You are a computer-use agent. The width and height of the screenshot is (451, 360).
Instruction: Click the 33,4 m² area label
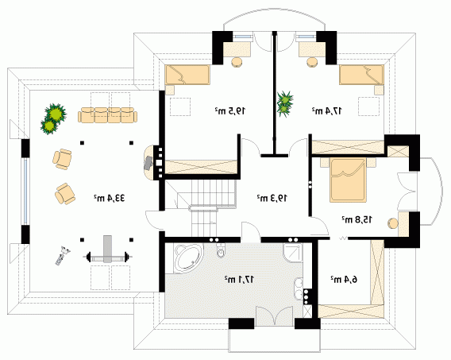[109, 198]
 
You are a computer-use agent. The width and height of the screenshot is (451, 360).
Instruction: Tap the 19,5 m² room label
[229, 110]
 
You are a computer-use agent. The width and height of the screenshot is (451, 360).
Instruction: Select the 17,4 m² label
[327, 110]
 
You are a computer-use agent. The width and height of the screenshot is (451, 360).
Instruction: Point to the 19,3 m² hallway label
[272, 198]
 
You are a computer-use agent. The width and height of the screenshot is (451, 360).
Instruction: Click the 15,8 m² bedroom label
[357, 219]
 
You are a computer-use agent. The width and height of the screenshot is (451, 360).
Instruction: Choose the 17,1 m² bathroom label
[239, 279]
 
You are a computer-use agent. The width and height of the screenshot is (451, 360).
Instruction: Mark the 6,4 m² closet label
[344, 279]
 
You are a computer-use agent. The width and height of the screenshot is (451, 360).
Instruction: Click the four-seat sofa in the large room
[107, 115]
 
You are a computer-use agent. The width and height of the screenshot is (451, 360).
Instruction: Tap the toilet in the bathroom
[221, 250]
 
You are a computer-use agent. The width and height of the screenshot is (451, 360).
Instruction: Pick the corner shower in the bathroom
[293, 253]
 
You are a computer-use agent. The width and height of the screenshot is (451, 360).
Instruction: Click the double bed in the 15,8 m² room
[349, 180]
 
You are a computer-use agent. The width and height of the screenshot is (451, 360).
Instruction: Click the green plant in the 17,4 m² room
[284, 103]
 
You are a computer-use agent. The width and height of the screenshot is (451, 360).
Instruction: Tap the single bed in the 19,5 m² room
[187, 75]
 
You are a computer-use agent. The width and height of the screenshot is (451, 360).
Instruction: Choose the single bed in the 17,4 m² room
[361, 75]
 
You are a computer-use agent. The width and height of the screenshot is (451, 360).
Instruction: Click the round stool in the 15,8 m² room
[393, 224]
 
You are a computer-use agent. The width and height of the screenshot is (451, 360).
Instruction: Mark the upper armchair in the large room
[62, 159]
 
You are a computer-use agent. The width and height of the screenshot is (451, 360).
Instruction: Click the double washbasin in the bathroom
[299, 288]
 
